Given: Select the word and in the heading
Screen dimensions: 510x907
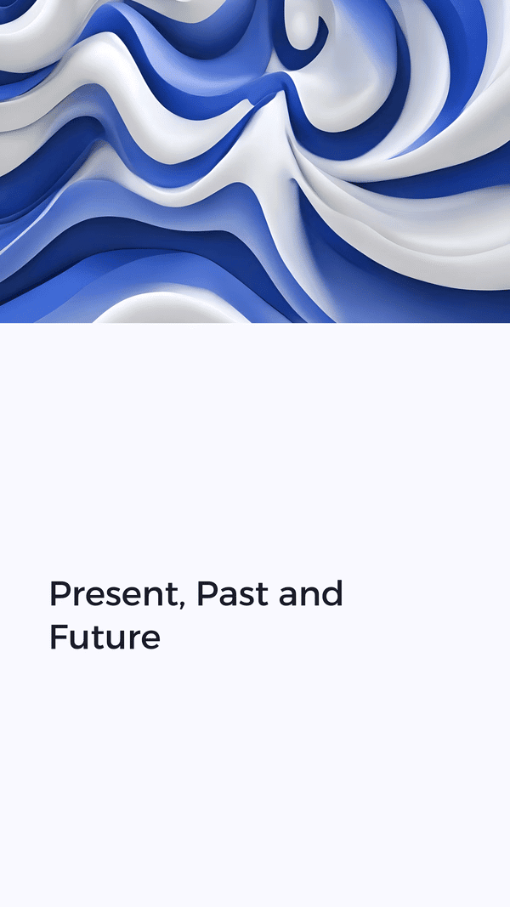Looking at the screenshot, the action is (311, 593).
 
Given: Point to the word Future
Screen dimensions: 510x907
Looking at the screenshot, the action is (105, 637).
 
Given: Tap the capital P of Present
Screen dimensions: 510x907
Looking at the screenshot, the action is (60, 593).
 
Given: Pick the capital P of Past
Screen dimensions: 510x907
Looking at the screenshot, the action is (208, 593).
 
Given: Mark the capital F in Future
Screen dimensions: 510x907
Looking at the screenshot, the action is (59, 637).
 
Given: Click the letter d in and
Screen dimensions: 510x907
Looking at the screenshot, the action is (331, 592).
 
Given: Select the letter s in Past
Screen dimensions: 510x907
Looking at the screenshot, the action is (250, 597).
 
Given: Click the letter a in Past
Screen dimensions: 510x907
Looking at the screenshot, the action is (229, 597).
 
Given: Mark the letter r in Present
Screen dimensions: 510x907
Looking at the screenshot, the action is (79, 597).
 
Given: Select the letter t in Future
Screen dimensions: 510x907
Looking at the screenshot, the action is (99, 638).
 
